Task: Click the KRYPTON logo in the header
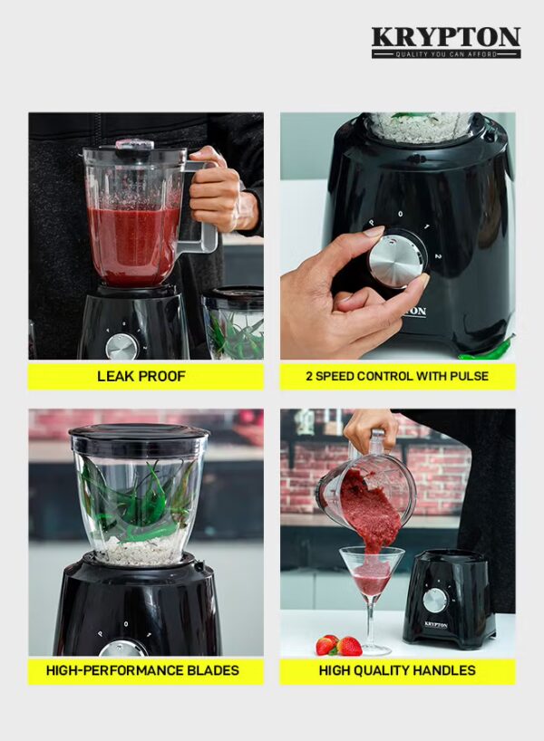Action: coord(446,43)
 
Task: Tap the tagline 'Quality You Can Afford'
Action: coord(446,54)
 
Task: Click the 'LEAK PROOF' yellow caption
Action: coord(141,376)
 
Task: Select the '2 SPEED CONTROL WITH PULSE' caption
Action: coord(397,376)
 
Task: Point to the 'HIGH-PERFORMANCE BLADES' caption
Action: coord(142,670)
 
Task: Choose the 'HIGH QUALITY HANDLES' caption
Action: coord(397,670)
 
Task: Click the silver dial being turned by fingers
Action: coord(394,257)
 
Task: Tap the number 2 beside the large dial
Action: coord(438,256)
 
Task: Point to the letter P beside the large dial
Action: coord(372,222)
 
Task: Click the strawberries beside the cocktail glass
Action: coord(338,645)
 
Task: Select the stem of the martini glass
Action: coord(372,625)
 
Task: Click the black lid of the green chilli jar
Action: coord(139,432)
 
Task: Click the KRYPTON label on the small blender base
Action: coord(436,625)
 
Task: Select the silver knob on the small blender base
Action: coord(434,601)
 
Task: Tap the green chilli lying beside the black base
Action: coord(486,350)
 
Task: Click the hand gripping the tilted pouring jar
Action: coord(365,428)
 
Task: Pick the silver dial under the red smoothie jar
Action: coord(122,347)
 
